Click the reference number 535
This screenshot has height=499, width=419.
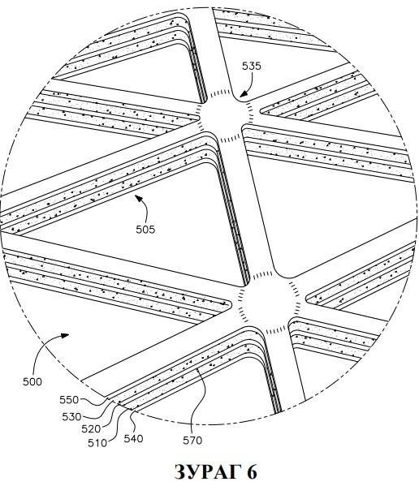click(252, 66)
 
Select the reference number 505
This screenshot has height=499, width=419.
click(145, 229)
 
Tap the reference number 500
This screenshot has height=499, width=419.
click(32, 381)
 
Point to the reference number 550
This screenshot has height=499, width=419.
click(69, 400)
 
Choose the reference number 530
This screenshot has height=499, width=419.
click(71, 416)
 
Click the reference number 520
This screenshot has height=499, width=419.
click(91, 429)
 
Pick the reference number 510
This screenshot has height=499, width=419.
click(97, 443)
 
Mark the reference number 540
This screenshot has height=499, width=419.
click(133, 439)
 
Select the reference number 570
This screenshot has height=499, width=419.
click(192, 441)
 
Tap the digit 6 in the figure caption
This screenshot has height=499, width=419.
click(252, 472)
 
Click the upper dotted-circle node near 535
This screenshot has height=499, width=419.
click(225, 116)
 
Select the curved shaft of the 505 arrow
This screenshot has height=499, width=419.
click(145, 209)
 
